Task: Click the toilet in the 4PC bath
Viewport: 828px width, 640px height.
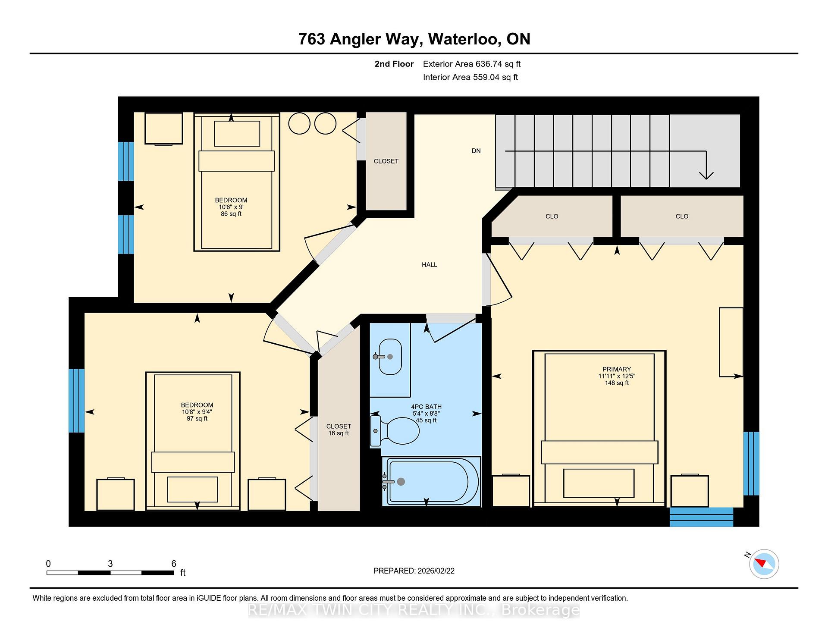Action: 395,430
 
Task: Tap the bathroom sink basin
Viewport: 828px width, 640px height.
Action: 390,357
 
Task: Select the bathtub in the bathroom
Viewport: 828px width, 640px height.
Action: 431,481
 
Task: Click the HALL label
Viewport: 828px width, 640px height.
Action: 430,265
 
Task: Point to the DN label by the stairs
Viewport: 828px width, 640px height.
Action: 476,151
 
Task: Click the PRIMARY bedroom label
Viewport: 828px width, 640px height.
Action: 617,369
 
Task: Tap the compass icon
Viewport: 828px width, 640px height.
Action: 764,564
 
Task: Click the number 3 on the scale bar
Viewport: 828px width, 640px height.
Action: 110,564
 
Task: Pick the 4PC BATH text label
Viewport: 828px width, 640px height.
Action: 427,407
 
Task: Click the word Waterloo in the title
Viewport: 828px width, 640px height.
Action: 464,39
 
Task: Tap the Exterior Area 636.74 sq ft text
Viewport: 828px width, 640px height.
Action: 472,64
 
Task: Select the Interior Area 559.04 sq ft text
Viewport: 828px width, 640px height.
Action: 470,78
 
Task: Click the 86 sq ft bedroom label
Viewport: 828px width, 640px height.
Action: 231,214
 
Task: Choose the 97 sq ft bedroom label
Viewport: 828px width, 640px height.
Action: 197,419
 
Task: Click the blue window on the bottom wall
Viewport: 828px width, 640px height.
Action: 701,517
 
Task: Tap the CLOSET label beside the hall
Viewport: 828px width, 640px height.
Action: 386,161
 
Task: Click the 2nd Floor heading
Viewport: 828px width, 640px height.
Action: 394,64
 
